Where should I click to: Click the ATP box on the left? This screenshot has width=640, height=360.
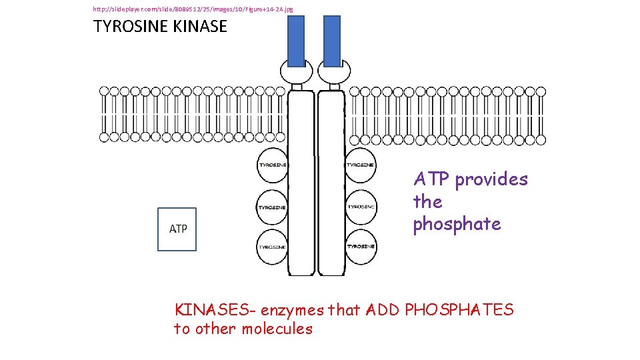177,229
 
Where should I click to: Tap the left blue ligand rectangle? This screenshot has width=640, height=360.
296,41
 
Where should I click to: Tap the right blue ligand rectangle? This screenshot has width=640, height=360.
331,41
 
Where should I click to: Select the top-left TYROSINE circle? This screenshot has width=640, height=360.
273,165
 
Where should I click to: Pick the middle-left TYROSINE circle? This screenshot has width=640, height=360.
273,207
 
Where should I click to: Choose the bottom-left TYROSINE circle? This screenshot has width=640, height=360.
273,247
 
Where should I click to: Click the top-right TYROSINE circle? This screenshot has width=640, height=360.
361,165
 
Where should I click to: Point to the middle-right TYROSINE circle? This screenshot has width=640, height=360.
361,207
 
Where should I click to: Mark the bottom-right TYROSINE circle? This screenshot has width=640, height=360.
361,247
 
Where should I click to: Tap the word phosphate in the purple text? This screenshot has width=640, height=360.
457,224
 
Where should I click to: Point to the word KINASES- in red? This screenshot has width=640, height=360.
215,310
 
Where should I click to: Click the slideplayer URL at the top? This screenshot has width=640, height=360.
193,9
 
